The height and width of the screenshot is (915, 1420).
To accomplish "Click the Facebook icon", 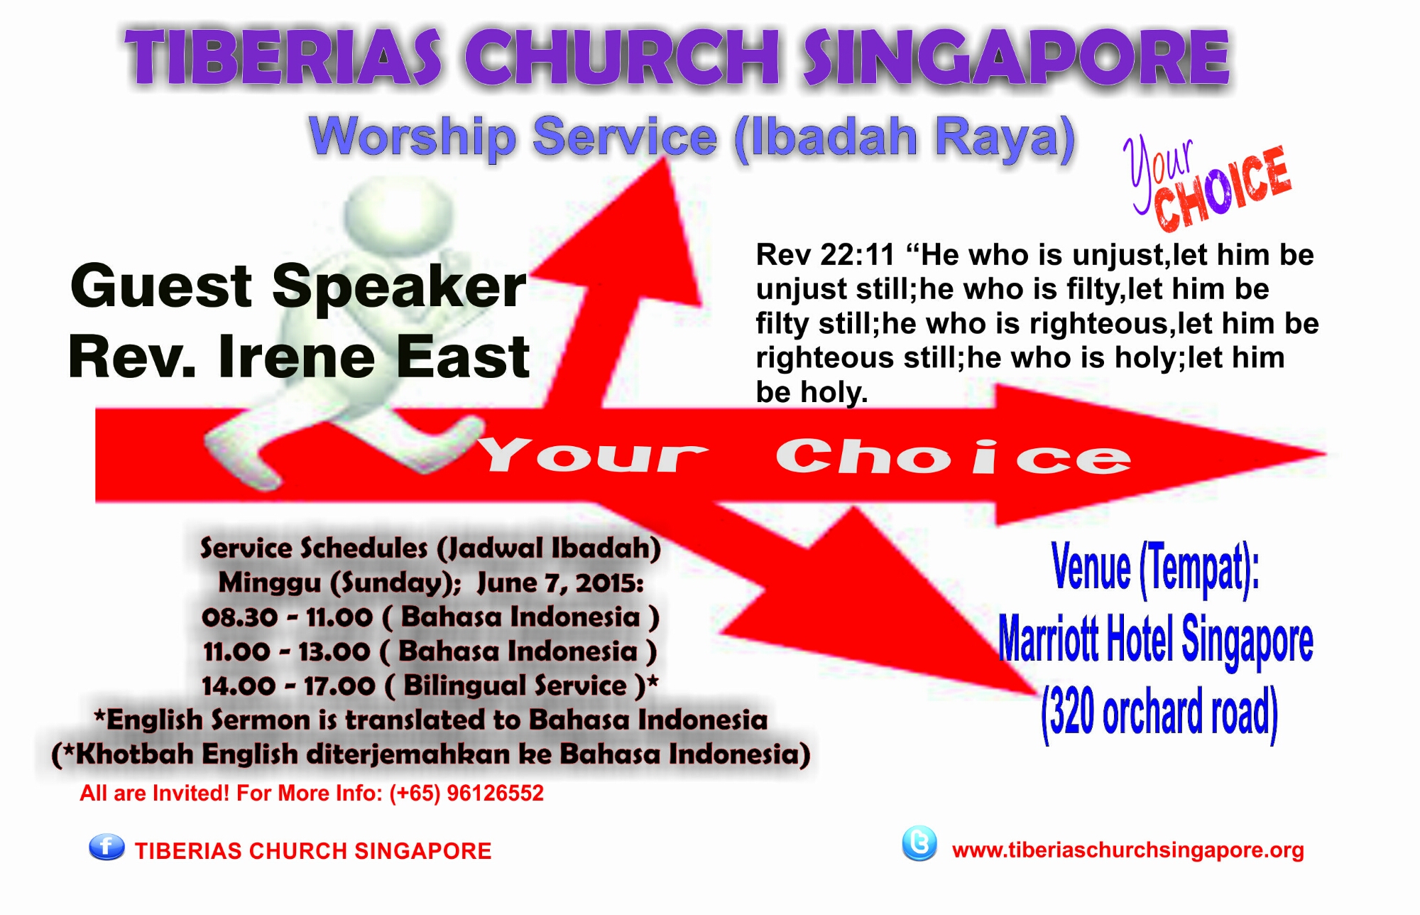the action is pos(106,847).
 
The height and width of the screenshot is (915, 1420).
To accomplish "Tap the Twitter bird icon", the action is pos(919,844).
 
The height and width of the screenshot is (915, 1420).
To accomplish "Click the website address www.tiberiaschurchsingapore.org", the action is pos(1128,850).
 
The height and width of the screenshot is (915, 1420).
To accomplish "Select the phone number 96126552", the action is pos(495,793).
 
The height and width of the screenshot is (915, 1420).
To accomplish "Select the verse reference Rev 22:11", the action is pos(825,254).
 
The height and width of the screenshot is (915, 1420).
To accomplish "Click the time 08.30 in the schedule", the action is pos(239,617).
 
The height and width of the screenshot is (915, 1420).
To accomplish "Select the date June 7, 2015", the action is pos(560,583).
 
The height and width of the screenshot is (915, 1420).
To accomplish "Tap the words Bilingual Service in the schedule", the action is pos(515,686).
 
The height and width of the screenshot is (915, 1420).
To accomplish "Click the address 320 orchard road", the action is pos(1159,713).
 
